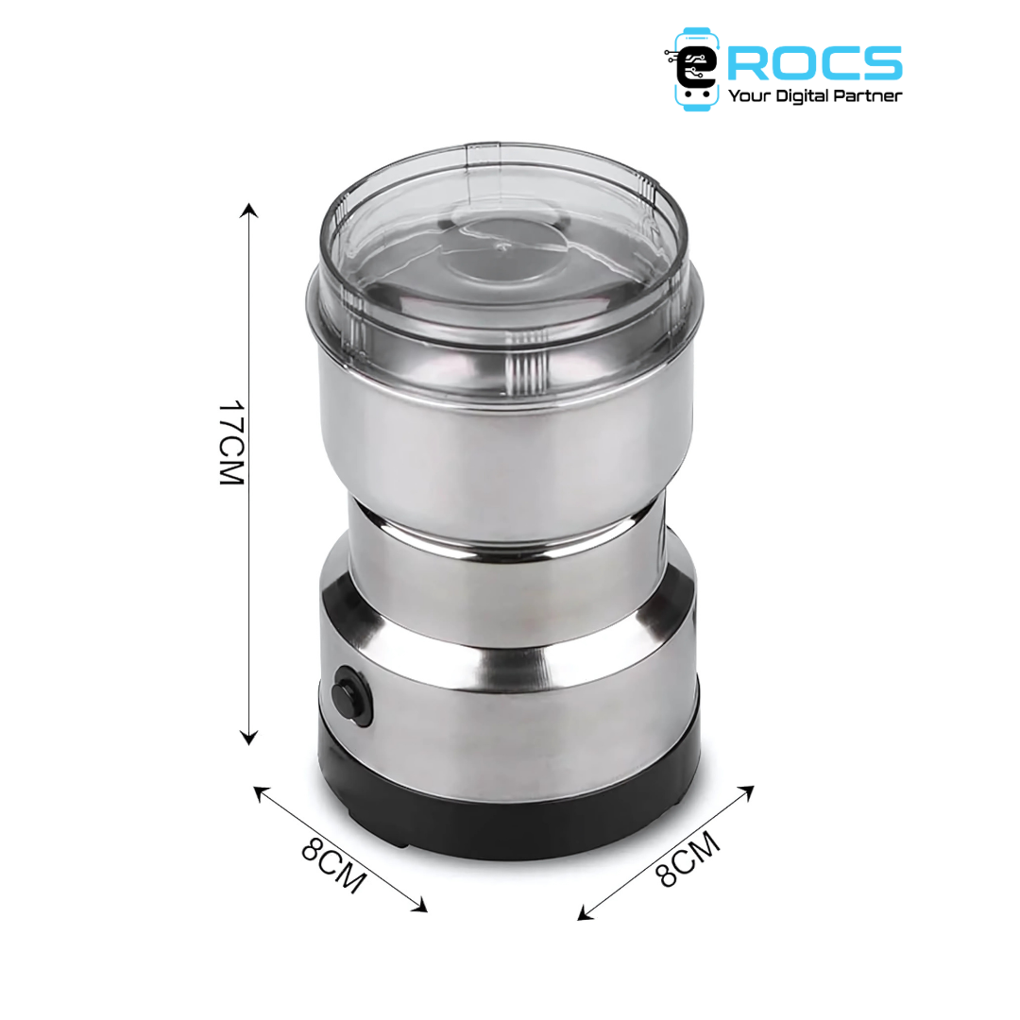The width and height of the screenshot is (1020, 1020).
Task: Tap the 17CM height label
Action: point(231,442)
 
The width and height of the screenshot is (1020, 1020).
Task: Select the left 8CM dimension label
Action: point(333,865)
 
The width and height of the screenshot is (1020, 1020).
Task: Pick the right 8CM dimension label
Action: point(688,858)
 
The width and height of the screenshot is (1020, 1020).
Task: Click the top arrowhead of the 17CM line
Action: point(248,210)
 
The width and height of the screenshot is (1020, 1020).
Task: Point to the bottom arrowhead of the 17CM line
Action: point(248,738)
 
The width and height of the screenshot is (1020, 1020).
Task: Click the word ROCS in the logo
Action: point(814,62)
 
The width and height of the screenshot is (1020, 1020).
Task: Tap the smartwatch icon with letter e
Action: point(695,69)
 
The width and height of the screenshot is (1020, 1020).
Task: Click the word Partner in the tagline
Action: point(868,96)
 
